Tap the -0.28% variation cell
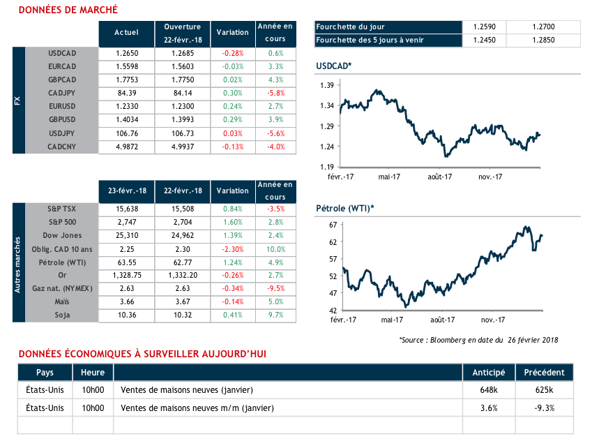232,53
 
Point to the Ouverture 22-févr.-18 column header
183,32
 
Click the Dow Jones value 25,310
126,235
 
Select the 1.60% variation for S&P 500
232,222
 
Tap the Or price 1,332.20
183,275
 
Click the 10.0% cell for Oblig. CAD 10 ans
275,248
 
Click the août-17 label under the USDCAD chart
440,177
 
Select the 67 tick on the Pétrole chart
333,225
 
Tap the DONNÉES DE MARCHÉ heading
68,10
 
